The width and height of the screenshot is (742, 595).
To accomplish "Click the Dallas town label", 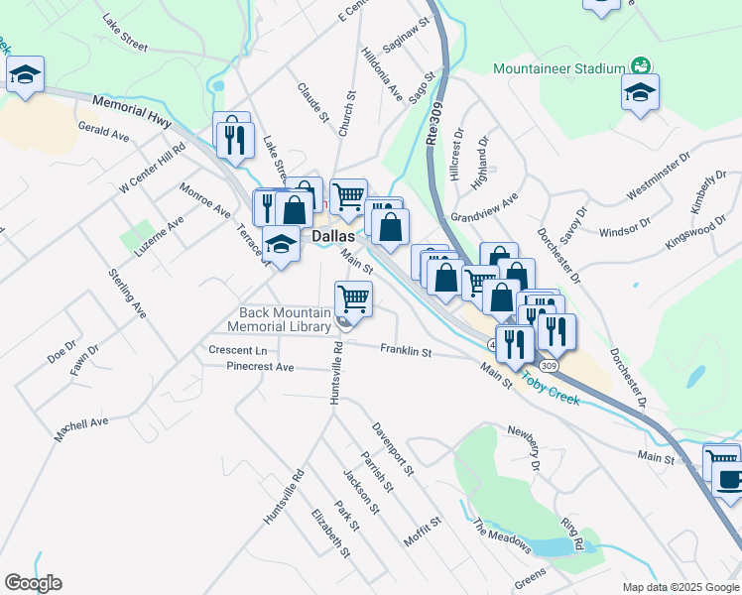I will point(333,238).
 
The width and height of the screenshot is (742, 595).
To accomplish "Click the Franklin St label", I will point(406,351).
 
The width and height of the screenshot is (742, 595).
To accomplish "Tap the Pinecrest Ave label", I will point(260,367).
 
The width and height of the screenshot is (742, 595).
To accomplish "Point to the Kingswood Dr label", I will point(703,230).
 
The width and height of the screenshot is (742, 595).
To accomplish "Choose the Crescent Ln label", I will point(238,350).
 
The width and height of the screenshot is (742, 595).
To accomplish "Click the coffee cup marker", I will point(730,481).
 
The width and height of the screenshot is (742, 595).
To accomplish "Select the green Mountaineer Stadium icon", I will point(642,66).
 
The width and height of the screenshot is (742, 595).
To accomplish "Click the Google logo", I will point(34,583).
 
